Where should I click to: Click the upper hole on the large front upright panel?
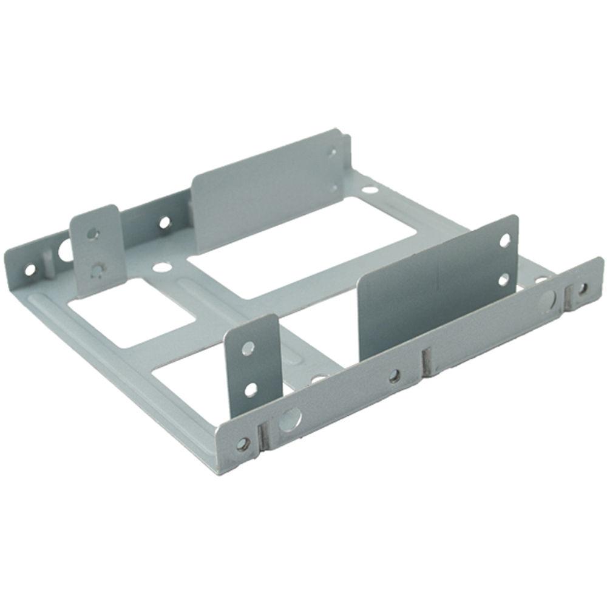(504, 241)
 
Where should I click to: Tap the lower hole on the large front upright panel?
(503, 280)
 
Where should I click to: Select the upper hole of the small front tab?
(248, 348)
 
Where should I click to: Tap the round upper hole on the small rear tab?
(92, 232)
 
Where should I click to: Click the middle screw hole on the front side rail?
(395, 377)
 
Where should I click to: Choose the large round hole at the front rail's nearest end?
(290, 418)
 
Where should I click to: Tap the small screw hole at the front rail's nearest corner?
(243, 444)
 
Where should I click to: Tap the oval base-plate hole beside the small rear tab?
(161, 266)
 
